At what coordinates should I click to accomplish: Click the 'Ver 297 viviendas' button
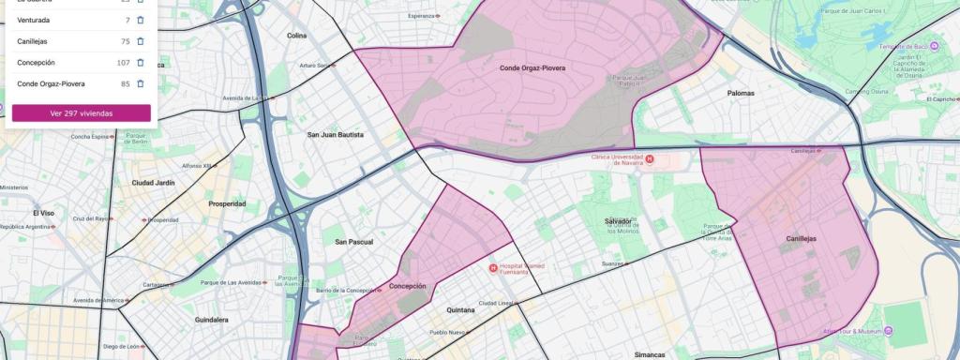point(81,112)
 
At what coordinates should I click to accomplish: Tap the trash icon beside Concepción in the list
point(141,63)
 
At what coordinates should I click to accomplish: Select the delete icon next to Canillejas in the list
point(141,41)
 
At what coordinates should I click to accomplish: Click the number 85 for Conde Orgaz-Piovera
point(125,83)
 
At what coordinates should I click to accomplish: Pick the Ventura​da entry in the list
point(34,20)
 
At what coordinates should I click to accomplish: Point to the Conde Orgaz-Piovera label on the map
point(532,68)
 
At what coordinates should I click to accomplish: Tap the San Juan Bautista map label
point(335,135)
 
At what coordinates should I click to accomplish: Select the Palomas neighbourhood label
point(742,94)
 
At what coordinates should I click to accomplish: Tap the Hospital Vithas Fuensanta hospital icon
point(494,269)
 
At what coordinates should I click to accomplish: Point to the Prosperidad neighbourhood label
point(227,203)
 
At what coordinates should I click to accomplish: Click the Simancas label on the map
point(649,354)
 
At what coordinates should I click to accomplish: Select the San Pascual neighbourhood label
point(354,242)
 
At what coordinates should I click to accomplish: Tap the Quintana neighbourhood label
point(460,309)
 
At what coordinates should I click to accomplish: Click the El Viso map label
point(45,213)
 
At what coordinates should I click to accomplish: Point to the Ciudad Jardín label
point(153,182)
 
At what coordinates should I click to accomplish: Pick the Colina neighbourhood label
point(296,36)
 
